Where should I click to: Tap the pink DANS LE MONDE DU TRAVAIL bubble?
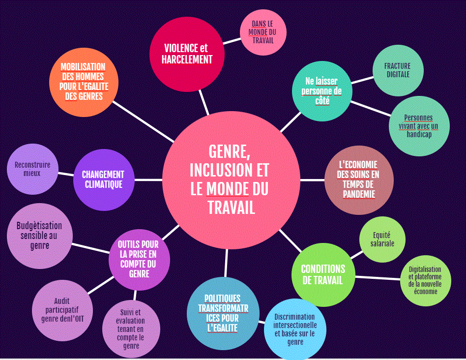pyautogui.click(x=263, y=32)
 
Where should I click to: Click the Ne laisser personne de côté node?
pyautogui.click(x=323, y=90)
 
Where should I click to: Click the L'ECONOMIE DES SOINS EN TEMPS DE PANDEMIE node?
pyautogui.click(x=359, y=180)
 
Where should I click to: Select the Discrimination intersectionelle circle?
pyautogui.click(x=295, y=329)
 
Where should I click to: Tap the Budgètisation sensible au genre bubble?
pyautogui.click(x=39, y=236)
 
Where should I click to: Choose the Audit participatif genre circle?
pyautogui.click(x=62, y=310)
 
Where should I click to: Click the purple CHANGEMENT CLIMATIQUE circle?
pyautogui.click(x=103, y=180)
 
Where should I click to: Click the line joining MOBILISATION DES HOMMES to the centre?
pyautogui.click(x=143, y=121)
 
